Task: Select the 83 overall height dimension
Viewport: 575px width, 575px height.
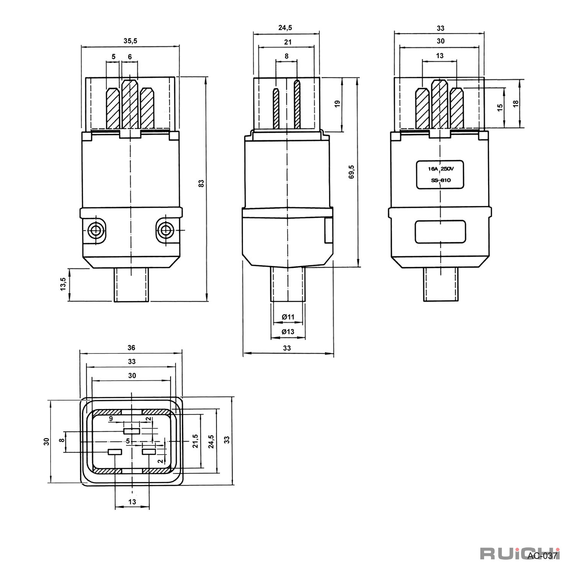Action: tap(201, 183)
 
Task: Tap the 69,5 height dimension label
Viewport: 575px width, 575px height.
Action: tap(352, 172)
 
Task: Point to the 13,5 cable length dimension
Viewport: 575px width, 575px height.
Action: tap(63, 284)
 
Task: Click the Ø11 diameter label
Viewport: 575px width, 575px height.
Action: tap(288, 317)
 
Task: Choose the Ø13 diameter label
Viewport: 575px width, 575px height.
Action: tap(288, 332)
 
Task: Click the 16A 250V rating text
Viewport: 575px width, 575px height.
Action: tap(440, 169)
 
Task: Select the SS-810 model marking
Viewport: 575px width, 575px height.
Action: tap(440, 180)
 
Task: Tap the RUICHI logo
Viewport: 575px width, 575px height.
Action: tap(520, 553)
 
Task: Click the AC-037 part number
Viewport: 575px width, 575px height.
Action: tap(542, 556)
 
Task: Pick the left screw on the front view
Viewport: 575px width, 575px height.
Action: tap(95, 230)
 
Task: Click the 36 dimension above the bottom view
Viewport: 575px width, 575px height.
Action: tap(131, 348)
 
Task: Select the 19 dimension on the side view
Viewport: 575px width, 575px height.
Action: tap(337, 104)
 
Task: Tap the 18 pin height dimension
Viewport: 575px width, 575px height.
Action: tap(516, 103)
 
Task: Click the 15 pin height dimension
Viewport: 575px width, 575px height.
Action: tap(499, 108)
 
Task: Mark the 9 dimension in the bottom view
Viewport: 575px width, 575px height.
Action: tap(111, 419)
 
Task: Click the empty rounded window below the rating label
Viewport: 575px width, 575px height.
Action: tap(440, 232)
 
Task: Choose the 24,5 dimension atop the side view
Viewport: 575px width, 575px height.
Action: tap(285, 28)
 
